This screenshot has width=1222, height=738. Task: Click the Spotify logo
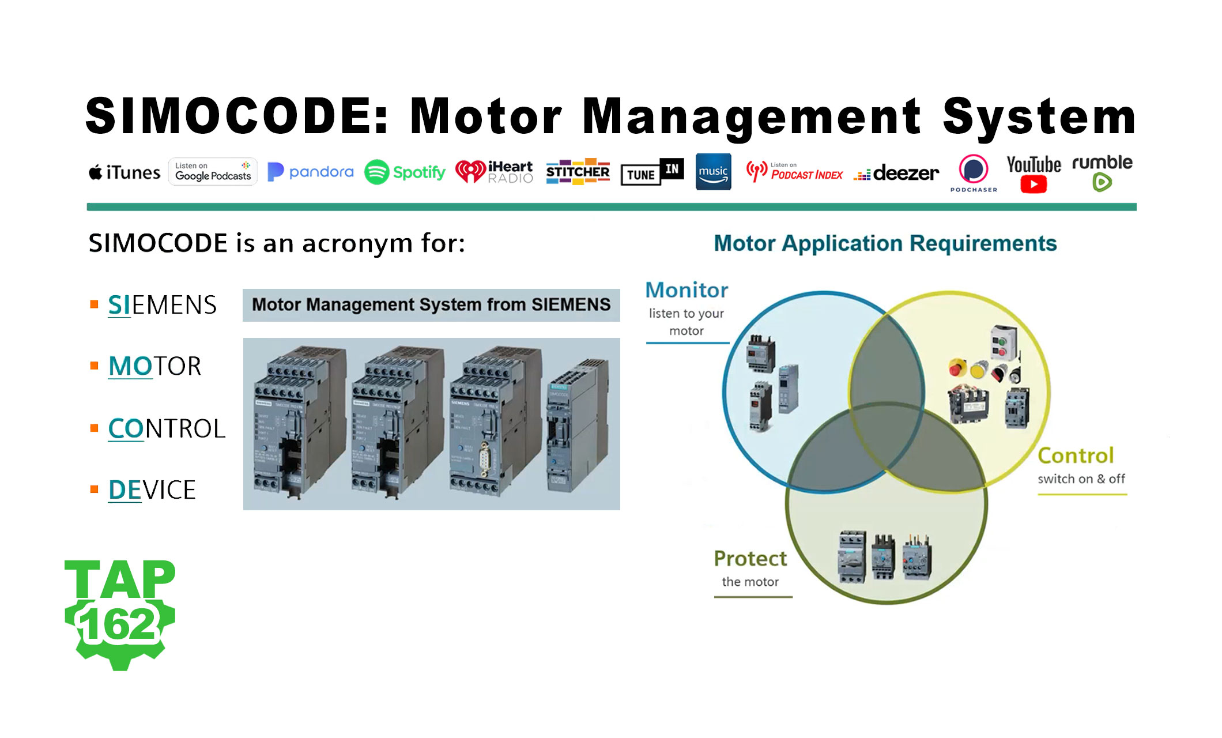[405, 172]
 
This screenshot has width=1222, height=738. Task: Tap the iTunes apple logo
[96, 172]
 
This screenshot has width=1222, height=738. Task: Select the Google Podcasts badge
[213, 172]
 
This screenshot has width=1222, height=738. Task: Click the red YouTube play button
[1033, 184]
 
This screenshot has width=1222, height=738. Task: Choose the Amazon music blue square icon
[713, 171]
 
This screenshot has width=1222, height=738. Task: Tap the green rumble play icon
[1102, 183]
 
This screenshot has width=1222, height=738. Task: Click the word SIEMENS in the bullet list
[162, 305]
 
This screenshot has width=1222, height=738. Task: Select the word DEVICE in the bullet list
[152, 490]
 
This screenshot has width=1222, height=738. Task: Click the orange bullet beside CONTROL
[95, 428]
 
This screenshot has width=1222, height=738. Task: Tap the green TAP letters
[119, 579]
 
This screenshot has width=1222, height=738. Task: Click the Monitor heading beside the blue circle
[687, 290]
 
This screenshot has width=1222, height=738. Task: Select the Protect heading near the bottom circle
[750, 559]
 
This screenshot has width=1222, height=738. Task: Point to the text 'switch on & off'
[1081, 479]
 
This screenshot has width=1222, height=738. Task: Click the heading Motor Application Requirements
[885, 243]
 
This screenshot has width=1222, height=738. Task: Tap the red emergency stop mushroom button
[957, 367]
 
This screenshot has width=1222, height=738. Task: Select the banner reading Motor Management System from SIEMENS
[431, 305]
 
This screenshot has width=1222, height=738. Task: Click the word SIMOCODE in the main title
[236, 116]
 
